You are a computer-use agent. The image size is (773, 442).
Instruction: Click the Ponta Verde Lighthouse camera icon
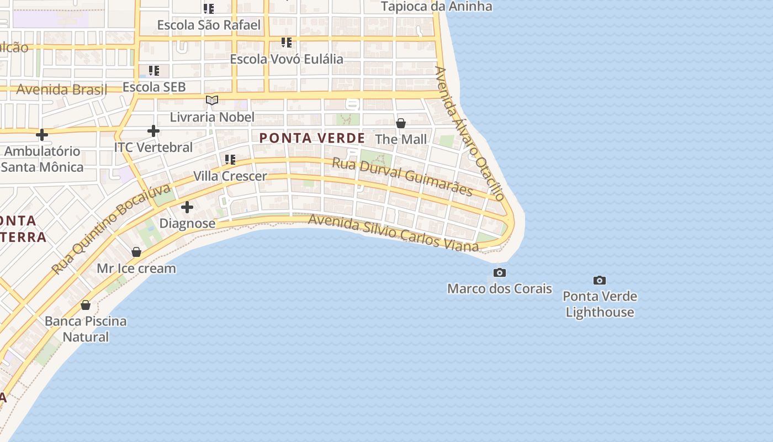[599, 281]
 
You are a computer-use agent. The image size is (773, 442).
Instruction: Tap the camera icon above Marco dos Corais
[499, 272]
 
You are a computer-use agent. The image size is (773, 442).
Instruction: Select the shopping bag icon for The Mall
[401, 123]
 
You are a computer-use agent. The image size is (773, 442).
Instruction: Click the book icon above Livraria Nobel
[212, 101]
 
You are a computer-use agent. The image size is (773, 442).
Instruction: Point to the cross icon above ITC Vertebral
[153, 131]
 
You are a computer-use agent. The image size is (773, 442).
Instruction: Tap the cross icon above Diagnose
[187, 207]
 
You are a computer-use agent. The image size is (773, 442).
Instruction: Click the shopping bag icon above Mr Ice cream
[136, 252]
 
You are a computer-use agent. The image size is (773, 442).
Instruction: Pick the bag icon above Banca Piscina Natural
[86, 305]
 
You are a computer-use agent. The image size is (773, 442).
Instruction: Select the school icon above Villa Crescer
[230, 160]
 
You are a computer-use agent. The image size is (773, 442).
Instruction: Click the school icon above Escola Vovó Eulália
[286, 42]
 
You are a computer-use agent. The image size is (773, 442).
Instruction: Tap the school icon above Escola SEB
[154, 71]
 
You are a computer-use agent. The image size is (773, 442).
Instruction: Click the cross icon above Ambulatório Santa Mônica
[42, 134]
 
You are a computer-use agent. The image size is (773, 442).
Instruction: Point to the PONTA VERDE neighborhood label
[312, 138]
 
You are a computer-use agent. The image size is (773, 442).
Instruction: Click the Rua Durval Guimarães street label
[402, 177]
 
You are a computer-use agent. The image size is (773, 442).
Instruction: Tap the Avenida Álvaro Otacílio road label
[470, 134]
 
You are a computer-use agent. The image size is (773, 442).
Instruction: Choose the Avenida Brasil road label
[61, 90]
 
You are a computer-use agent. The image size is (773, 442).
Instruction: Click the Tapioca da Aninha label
[436, 7]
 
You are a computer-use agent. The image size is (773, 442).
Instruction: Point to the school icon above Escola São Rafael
[208, 8]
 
